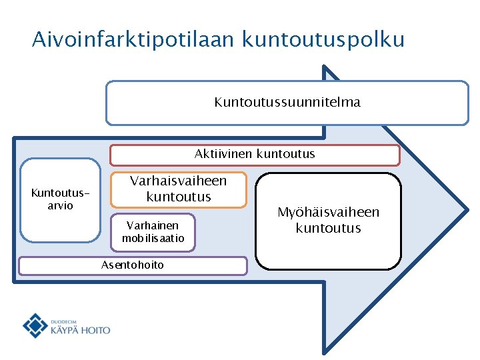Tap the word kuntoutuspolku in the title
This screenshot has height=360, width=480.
click(324, 39)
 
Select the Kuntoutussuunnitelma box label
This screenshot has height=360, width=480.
click(287, 102)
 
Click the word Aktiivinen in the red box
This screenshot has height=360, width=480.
click(223, 154)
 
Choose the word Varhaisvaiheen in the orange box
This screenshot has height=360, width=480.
click(178, 181)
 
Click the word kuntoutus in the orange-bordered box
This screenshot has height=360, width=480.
click(178, 197)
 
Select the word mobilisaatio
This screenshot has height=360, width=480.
click(153, 238)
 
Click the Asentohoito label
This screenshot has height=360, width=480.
click(132, 265)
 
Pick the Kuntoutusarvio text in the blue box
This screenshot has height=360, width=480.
click(60, 199)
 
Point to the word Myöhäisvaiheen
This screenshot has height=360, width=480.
click(329, 212)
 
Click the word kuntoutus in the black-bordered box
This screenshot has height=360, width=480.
click(329, 228)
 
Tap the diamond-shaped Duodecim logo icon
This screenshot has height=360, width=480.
click(35, 325)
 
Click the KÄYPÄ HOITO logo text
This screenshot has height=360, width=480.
click(80, 329)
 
